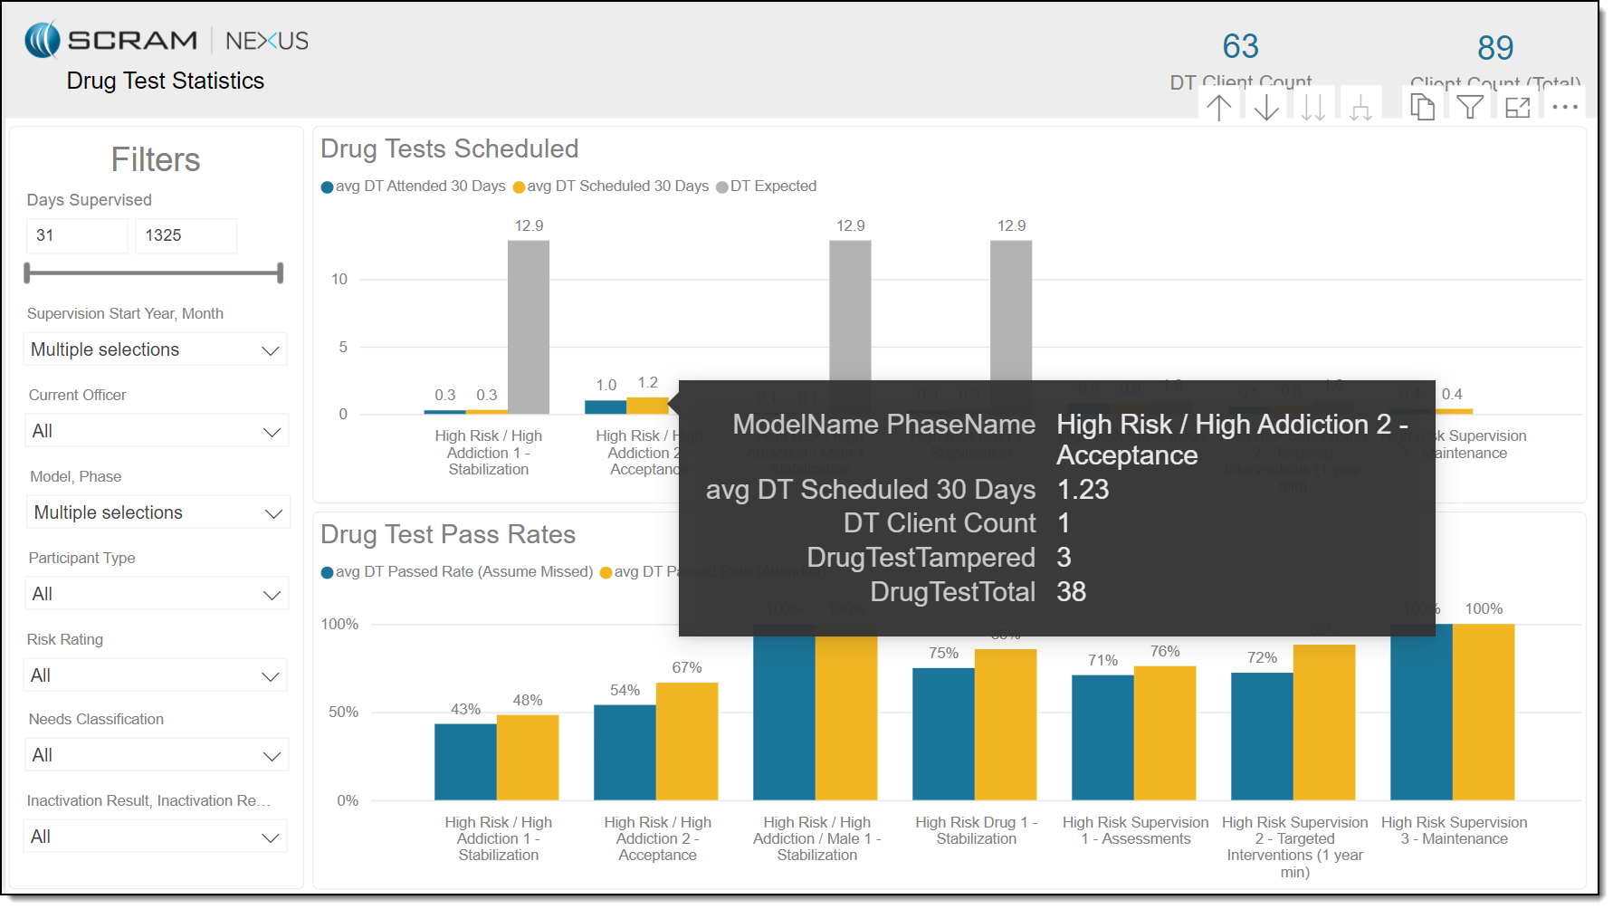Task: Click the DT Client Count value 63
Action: pyautogui.click(x=1240, y=46)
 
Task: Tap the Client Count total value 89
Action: pyautogui.click(x=1495, y=48)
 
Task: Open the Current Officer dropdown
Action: pyautogui.click(x=156, y=431)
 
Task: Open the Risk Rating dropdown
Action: pyautogui.click(x=155, y=675)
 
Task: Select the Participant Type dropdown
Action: pyautogui.click(x=156, y=594)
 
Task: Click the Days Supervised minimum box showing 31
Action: pyautogui.click(x=77, y=235)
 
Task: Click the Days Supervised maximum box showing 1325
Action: pyautogui.click(x=186, y=235)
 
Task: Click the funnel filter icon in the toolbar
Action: pyautogui.click(x=1470, y=107)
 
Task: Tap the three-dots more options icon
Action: pyautogui.click(x=1565, y=107)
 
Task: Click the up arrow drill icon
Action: pyautogui.click(x=1219, y=107)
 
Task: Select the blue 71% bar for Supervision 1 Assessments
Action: pyautogui.click(x=1102, y=737)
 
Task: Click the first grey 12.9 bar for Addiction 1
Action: pyautogui.click(x=529, y=326)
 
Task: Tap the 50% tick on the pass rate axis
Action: pyautogui.click(x=344, y=713)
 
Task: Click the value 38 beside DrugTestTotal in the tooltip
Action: pyautogui.click(x=1072, y=592)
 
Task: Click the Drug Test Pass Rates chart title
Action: pyautogui.click(x=448, y=535)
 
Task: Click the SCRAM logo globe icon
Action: pyautogui.click(x=43, y=40)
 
